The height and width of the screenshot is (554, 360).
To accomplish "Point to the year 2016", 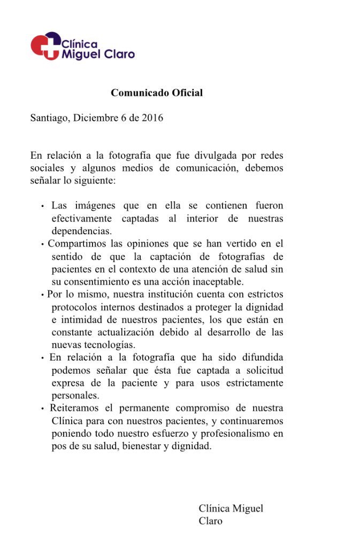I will (152, 118).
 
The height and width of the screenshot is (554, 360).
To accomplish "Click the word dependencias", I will (82, 231).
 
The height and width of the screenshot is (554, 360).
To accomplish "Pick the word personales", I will (75, 396).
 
